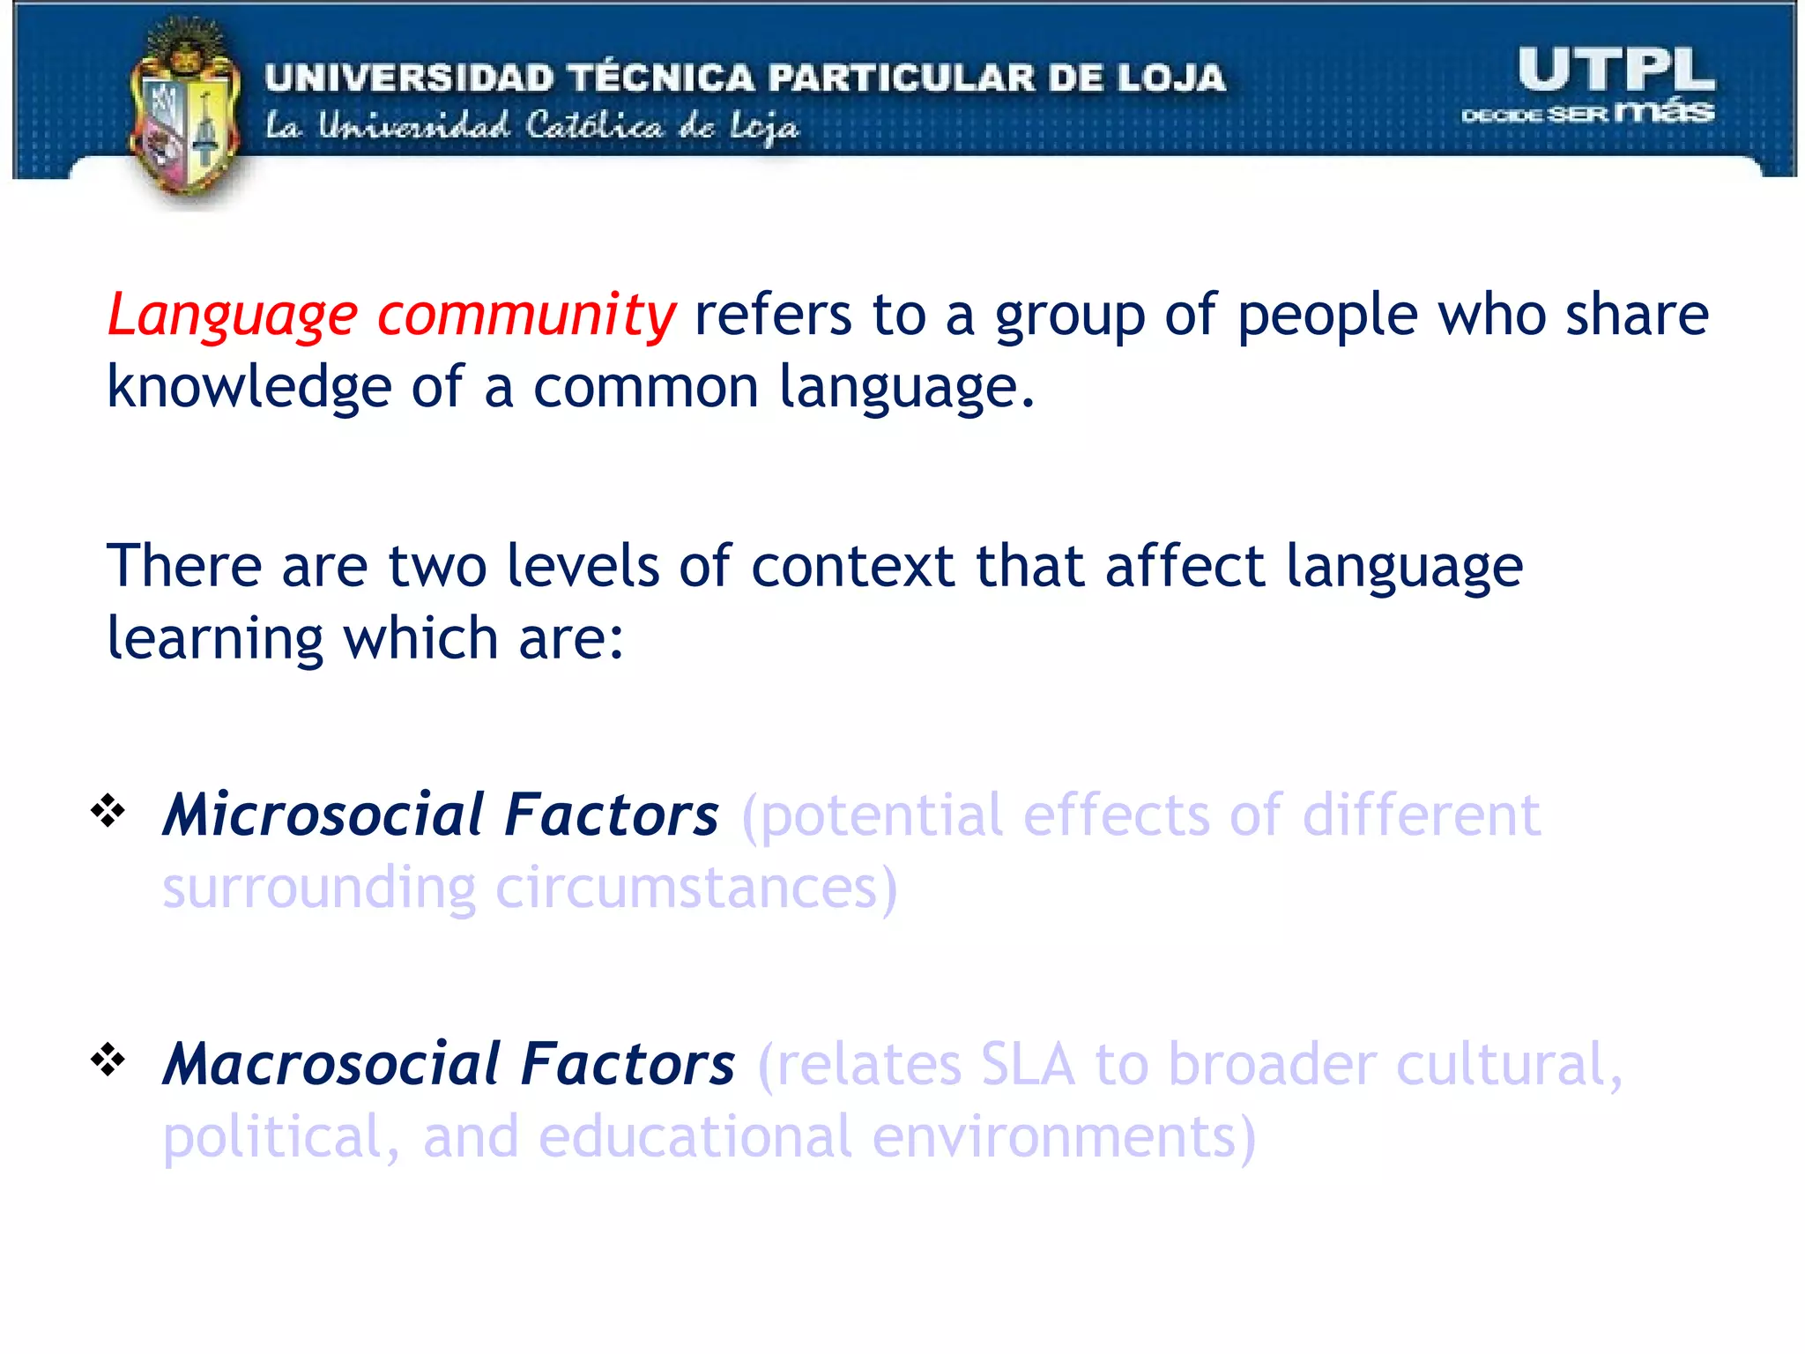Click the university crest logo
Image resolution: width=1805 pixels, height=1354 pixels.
(185, 115)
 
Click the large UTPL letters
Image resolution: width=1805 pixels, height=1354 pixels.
(1616, 70)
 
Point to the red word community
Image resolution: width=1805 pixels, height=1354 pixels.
(526, 316)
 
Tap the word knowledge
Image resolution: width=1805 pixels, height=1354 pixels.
(249, 388)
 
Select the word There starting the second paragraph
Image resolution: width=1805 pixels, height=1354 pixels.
(183, 566)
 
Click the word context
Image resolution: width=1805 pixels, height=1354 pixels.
(852, 566)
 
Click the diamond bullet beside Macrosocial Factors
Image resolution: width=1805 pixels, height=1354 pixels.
(108, 1060)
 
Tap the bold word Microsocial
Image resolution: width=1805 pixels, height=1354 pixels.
(323, 815)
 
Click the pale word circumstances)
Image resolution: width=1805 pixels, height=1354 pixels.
(695, 888)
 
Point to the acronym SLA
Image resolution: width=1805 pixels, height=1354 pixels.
(1027, 1064)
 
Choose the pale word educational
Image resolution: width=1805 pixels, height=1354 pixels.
(695, 1136)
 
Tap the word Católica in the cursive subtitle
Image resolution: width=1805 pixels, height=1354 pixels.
(593, 126)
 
